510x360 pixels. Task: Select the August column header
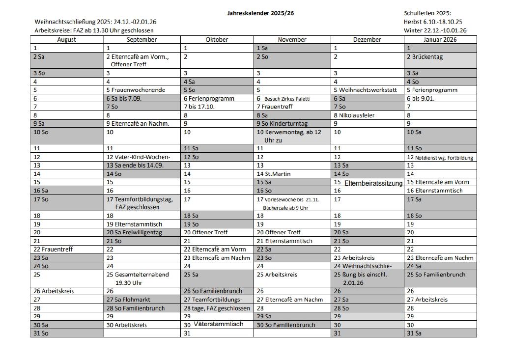point(67,40)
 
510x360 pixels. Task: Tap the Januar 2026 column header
point(440,40)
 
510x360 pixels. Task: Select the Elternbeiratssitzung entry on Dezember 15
point(373,183)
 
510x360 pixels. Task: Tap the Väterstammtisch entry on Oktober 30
point(218,324)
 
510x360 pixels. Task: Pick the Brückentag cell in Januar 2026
point(427,57)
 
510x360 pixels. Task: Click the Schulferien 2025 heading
point(427,14)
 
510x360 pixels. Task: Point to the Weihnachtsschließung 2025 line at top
point(96,22)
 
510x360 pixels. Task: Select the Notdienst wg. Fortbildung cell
point(444,158)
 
